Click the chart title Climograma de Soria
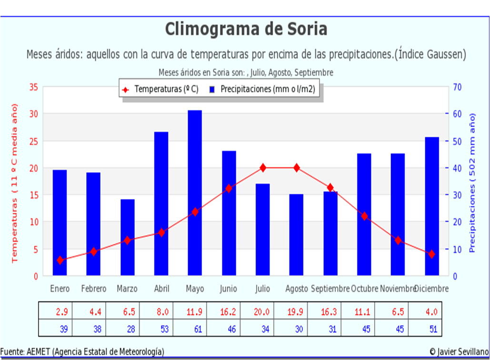tap(246, 29)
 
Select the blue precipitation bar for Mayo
tap(195, 193)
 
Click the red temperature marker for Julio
tap(263, 168)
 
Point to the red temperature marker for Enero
tap(60, 260)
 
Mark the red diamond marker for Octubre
tap(364, 216)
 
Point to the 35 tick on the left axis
tap(33, 87)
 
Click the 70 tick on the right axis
tap(457, 87)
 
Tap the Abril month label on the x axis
tap(161, 289)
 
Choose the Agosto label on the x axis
tap(297, 289)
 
